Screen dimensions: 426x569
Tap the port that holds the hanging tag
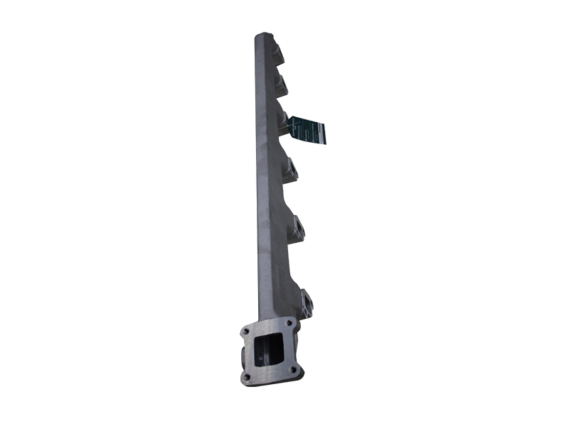point(284,123)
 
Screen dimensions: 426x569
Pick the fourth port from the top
point(290,170)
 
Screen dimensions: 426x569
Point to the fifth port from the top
point(297,230)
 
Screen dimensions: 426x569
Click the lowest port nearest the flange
point(306,303)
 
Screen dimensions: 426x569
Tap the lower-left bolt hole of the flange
point(247,378)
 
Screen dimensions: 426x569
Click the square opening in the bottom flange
point(269,351)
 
